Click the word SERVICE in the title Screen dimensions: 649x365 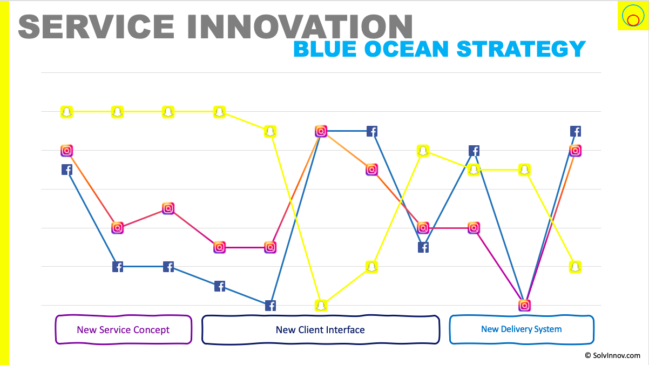96,26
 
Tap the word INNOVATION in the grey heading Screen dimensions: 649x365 300,26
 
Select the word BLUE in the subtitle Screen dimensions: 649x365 325,49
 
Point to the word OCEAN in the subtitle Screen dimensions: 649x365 407,49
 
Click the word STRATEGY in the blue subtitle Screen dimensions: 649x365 521,49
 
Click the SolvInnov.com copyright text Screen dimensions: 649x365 612,355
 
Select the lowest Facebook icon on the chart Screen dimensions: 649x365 271,306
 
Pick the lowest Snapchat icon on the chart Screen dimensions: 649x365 321,306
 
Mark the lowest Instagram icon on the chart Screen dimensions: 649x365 524,305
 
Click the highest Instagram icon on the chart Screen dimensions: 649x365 321,131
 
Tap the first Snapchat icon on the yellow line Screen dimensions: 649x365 66,112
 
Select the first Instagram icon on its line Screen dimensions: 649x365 66,151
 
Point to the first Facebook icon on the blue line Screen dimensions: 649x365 66,170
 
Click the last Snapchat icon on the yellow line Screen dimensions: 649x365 576,267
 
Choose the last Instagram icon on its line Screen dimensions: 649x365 576,151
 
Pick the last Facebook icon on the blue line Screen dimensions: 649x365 576,131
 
